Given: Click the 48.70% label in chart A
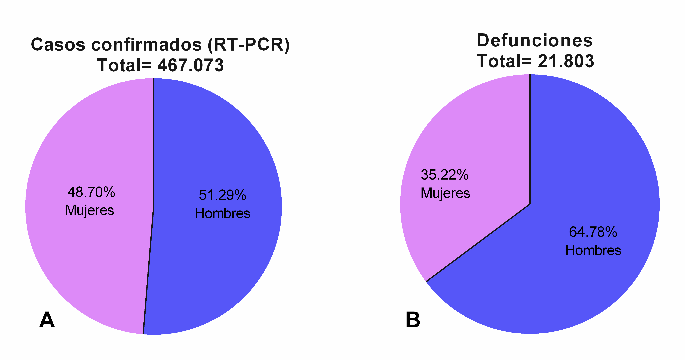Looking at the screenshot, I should [x=91, y=192].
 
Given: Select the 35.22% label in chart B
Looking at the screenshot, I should [x=445, y=175].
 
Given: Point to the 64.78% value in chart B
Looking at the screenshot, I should [x=593, y=232].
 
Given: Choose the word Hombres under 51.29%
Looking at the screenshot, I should [x=222, y=213].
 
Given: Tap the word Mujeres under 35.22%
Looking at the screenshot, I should [x=445, y=193].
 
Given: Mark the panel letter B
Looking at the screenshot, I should [x=413, y=320].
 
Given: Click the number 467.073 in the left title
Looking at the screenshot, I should [x=190, y=65].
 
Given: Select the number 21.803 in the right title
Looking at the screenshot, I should [x=566, y=61].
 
